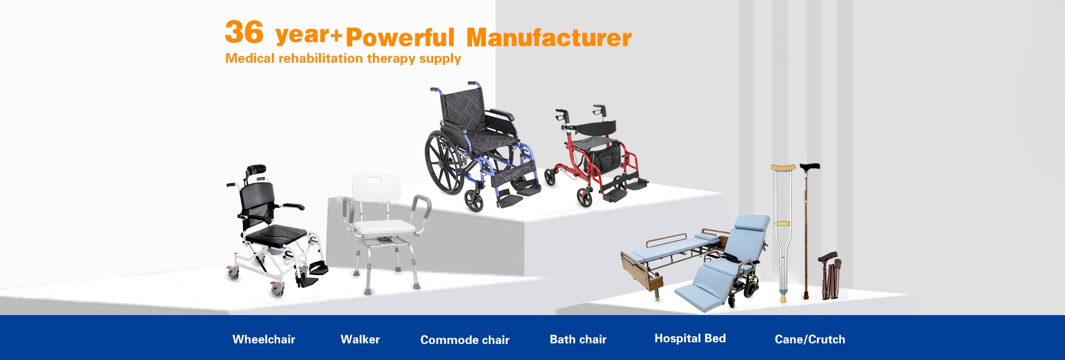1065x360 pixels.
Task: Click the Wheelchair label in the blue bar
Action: click(x=263, y=339)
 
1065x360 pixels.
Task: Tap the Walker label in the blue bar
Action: click(x=360, y=339)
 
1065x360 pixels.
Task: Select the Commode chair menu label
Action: click(x=465, y=340)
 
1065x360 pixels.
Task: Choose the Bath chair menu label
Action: click(x=578, y=339)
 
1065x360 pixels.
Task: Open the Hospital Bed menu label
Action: click(x=690, y=338)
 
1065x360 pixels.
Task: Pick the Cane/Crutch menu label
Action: click(x=810, y=339)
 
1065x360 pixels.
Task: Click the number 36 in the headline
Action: click(x=244, y=32)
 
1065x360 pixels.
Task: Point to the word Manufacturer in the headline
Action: click(x=549, y=38)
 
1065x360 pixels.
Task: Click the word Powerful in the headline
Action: click(x=400, y=38)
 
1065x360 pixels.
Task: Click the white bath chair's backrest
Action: click(x=376, y=189)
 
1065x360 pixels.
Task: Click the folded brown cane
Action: click(x=829, y=276)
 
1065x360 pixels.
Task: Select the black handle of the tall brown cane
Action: click(x=809, y=166)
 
